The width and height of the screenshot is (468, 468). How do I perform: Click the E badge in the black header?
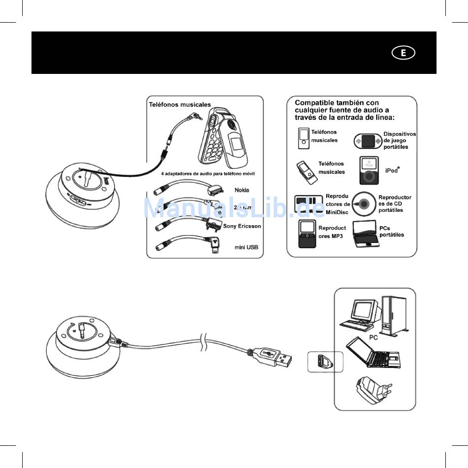(x=403, y=53)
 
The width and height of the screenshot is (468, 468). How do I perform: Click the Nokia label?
(x=241, y=190)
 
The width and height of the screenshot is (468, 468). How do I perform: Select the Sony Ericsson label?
(x=242, y=226)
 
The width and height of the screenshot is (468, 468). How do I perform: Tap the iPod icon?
(x=369, y=170)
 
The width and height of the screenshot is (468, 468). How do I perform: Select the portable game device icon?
(x=368, y=141)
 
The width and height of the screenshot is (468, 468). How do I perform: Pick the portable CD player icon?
(x=365, y=203)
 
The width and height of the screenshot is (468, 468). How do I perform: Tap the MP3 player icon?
(x=307, y=234)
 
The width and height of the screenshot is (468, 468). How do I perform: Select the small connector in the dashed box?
(x=325, y=362)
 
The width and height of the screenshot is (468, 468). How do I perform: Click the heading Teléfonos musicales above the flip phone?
(x=180, y=104)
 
